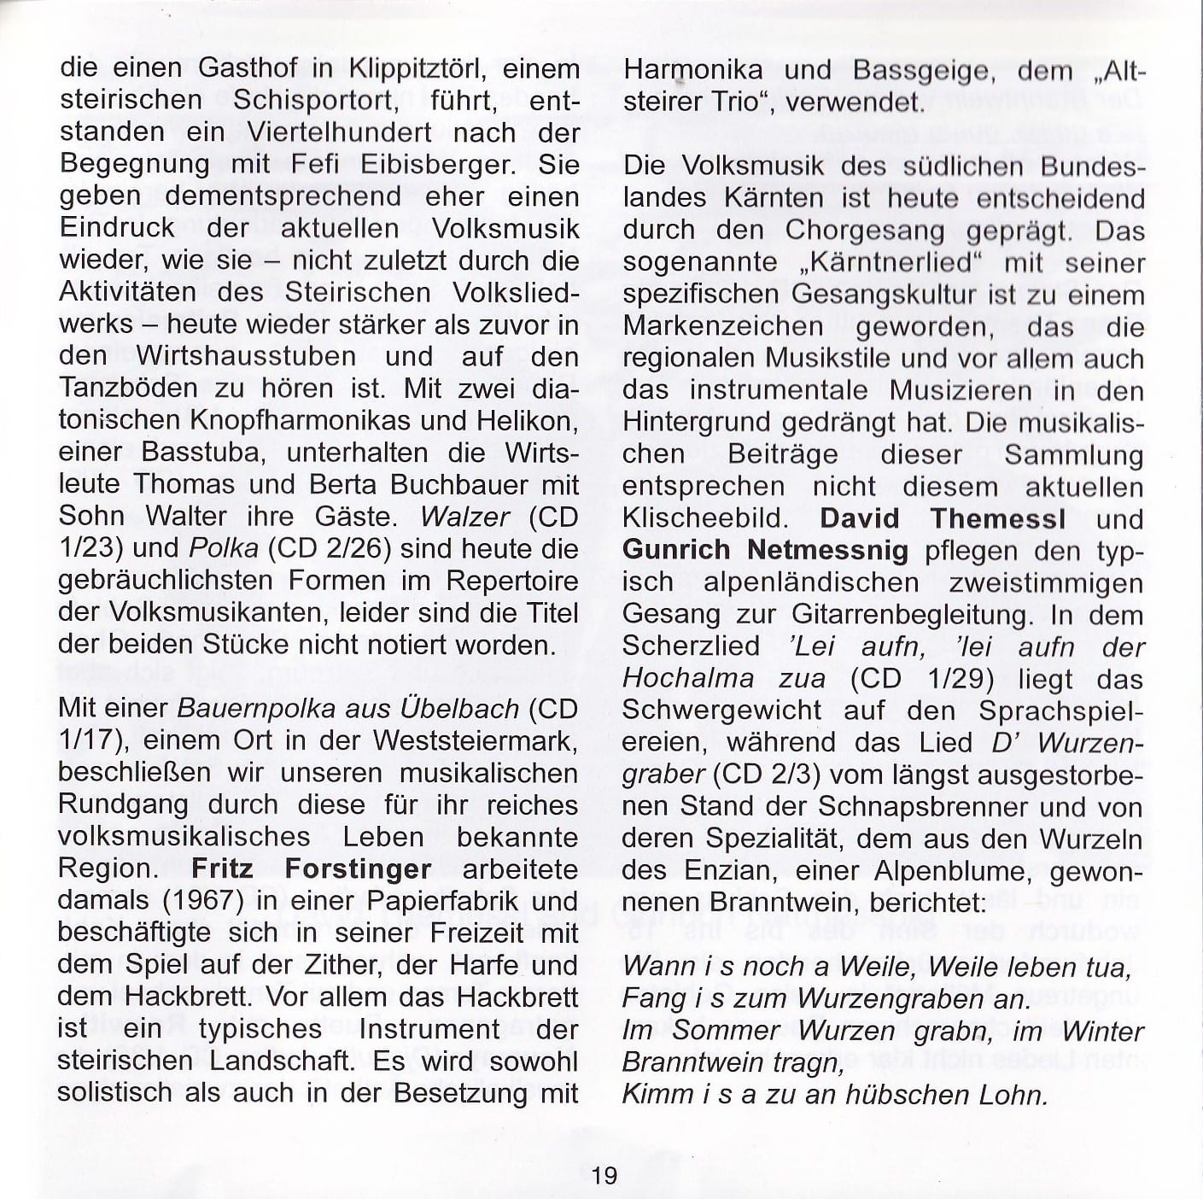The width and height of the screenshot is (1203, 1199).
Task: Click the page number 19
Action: (x=604, y=1174)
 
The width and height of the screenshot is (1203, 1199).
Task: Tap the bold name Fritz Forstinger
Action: (x=311, y=869)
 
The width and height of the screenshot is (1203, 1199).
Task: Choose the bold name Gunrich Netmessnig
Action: (x=765, y=550)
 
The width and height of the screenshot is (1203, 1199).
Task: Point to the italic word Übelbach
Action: (x=470, y=709)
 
